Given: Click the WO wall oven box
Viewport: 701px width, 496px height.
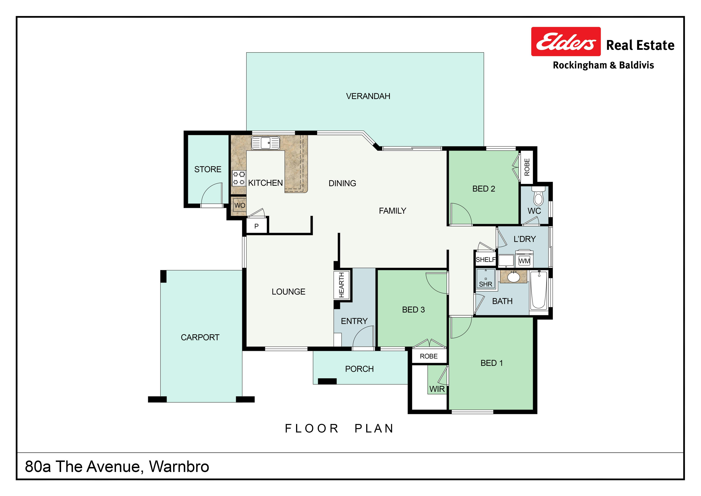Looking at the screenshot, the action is [x=240, y=205].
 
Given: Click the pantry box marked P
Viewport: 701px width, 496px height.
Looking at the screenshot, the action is [x=256, y=226].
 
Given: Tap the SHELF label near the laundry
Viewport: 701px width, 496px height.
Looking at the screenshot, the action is [x=486, y=260].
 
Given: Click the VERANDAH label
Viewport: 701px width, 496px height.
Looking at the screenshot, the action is [x=368, y=96].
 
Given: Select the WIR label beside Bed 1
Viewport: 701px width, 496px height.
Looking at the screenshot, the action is [x=437, y=389].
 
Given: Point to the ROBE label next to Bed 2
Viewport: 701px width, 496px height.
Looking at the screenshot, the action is [x=527, y=167].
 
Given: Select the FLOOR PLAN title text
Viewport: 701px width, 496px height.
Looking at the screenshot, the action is [x=339, y=429].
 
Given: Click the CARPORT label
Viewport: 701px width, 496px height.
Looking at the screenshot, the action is [x=200, y=338].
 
